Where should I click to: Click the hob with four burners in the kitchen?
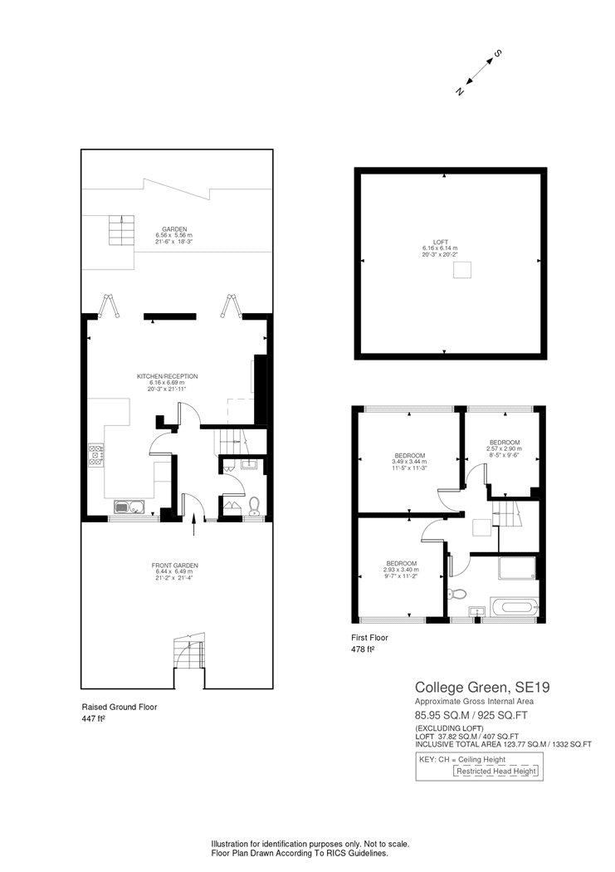pyautogui.click(x=95, y=456)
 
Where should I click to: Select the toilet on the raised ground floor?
pyautogui.click(x=255, y=504)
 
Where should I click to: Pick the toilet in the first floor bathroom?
pyautogui.click(x=456, y=594)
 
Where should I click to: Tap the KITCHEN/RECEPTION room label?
pyautogui.click(x=167, y=376)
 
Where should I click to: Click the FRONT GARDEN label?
pyautogui.click(x=176, y=566)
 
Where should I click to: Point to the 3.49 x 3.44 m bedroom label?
pyautogui.click(x=409, y=455)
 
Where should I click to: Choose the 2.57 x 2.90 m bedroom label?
pyautogui.click(x=504, y=442)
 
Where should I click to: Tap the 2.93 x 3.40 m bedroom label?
pyautogui.click(x=400, y=562)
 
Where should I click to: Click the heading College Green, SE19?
pyautogui.click(x=470, y=687)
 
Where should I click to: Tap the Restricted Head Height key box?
pyautogui.click(x=496, y=771)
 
